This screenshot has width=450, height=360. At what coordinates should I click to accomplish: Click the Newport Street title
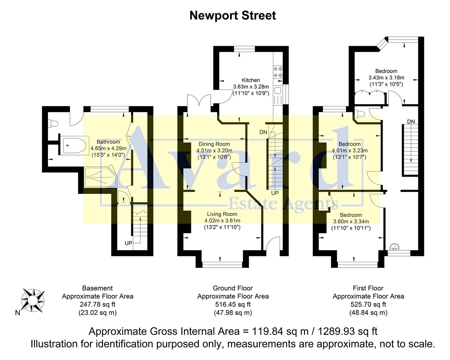point(232,16)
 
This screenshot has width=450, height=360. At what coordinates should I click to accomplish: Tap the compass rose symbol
point(32,300)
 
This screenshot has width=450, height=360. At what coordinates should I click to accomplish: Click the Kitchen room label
point(251,80)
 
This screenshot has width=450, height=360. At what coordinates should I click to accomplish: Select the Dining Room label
point(214,144)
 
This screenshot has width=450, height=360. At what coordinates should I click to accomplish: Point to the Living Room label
point(222,214)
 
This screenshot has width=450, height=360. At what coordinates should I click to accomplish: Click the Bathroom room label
point(108,142)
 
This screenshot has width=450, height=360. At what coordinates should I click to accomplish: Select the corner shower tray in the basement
point(99,177)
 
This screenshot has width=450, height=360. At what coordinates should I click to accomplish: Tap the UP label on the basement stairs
point(128,243)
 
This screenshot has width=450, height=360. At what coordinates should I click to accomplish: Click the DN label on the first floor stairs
point(411,122)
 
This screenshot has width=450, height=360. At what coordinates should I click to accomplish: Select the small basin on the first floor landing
point(395,247)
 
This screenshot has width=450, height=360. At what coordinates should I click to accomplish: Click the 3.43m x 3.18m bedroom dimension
point(386,78)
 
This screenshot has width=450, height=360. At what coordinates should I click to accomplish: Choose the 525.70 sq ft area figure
point(368,304)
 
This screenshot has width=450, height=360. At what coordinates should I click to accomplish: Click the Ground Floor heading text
point(233,288)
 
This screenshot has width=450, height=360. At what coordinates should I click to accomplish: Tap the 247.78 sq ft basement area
point(97,304)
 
